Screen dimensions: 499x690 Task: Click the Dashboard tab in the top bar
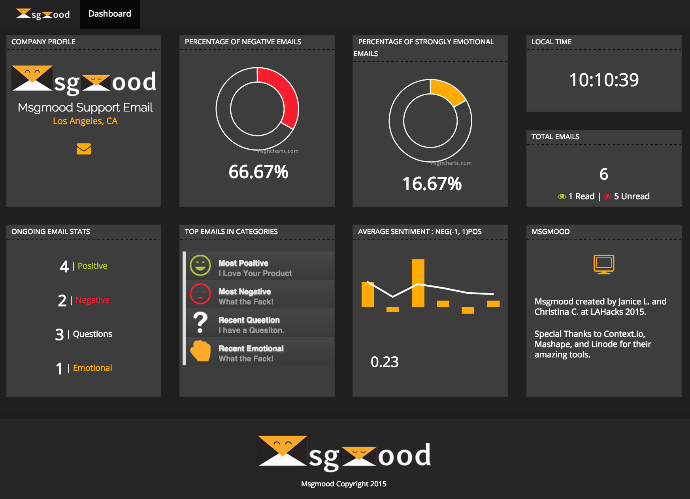tap(109, 14)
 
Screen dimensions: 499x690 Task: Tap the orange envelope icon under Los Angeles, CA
tap(84, 149)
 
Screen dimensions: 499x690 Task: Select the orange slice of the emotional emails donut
tap(447, 91)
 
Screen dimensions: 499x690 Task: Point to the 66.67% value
tap(258, 172)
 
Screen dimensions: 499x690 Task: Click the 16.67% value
tap(432, 184)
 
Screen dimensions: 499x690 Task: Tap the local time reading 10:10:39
tap(603, 80)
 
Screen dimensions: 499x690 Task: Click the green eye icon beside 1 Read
tap(562, 197)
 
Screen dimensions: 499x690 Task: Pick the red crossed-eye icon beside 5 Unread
tap(607, 197)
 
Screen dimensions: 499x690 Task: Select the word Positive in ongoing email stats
tap(92, 266)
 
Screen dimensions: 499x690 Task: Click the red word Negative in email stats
tap(92, 300)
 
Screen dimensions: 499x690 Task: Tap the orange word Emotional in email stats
tap(92, 368)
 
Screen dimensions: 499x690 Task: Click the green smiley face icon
tap(200, 265)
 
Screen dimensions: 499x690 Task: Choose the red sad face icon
tap(200, 294)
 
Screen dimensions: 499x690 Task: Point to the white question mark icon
tap(200, 322)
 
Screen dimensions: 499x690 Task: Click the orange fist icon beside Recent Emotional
tap(200, 351)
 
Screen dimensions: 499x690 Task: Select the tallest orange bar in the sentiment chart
tap(418, 283)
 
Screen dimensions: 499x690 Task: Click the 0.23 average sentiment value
tap(385, 362)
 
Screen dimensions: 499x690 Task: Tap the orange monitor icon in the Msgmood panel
tap(604, 264)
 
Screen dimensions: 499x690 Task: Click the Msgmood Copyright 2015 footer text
tap(344, 484)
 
